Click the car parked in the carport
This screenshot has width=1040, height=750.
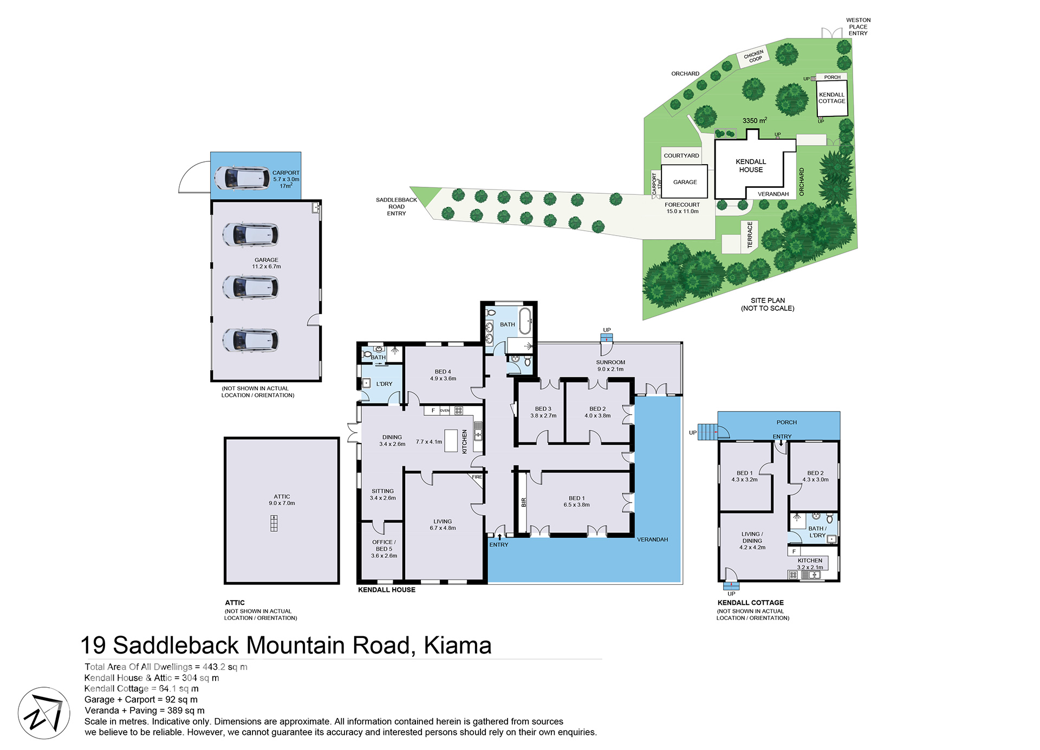(x=242, y=178)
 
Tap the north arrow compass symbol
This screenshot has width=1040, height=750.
(x=44, y=713)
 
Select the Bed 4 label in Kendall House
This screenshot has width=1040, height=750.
(x=443, y=375)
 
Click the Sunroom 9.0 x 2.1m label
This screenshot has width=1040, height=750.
(x=610, y=366)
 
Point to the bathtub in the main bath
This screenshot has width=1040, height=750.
(x=525, y=321)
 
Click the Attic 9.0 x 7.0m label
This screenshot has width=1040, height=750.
(x=282, y=500)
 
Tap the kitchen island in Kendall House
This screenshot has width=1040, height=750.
(x=451, y=441)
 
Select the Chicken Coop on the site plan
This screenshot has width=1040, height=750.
(x=753, y=56)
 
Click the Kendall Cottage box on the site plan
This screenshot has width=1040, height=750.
(x=832, y=98)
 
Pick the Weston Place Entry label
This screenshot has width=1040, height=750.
(x=858, y=27)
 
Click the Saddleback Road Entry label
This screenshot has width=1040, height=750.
(x=396, y=207)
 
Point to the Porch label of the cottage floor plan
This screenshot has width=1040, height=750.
(x=786, y=422)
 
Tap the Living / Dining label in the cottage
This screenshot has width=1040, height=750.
(x=752, y=540)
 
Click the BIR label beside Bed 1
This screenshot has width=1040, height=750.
(x=524, y=503)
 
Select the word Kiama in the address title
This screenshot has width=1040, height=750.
(x=458, y=645)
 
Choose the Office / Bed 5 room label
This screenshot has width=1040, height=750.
(x=384, y=549)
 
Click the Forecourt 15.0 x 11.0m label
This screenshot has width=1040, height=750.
(x=682, y=208)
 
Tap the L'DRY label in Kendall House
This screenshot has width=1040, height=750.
(x=384, y=384)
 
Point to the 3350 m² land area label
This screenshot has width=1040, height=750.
(x=755, y=120)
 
